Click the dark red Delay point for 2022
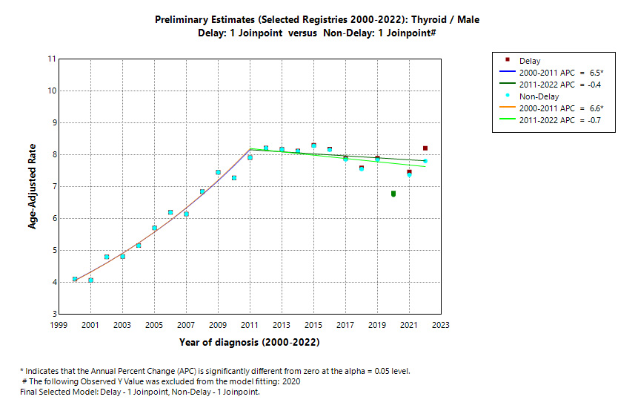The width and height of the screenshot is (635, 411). coord(425,148)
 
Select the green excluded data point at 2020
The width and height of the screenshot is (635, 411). coord(393,194)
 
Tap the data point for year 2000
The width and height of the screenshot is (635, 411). coord(75,279)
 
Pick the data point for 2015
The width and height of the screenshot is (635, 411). coord(313,145)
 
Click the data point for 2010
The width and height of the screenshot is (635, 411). coord(234,178)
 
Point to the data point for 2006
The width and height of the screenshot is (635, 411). coord(170,212)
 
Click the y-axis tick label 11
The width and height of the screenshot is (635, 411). coord(51,59)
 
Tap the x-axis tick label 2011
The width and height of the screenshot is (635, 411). coord(250,325)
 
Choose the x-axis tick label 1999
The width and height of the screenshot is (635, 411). coord(59,325)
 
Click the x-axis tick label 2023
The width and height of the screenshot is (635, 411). coord(441,325)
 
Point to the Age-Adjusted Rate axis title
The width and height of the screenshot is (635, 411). coord(33,186)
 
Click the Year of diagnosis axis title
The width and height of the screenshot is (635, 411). coord(250,343)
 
